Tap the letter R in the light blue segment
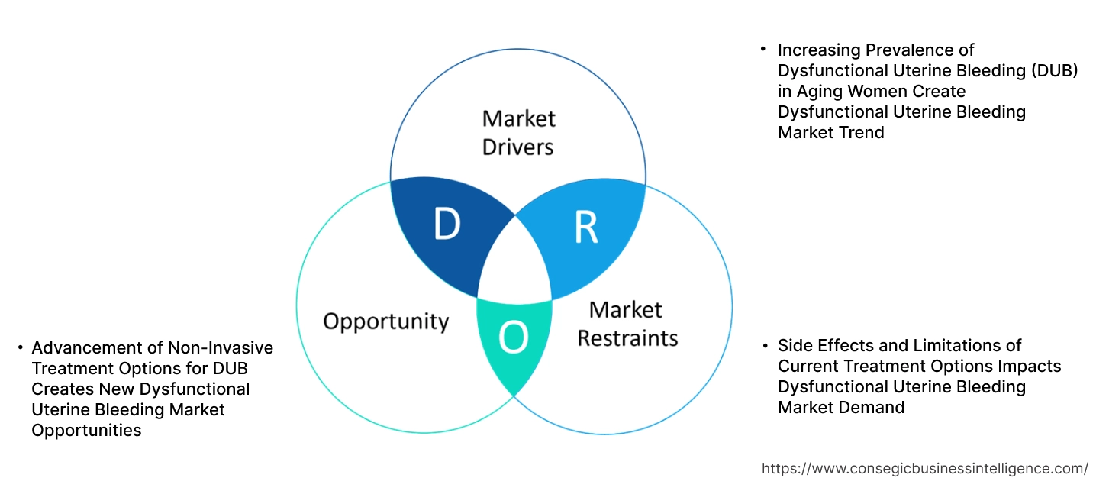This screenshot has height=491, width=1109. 585,228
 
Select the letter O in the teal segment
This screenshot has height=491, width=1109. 514,339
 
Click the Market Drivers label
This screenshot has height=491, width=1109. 519,132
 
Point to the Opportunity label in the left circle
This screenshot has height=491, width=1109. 385,321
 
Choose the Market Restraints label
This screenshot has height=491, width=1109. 627,323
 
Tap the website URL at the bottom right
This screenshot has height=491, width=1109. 925,468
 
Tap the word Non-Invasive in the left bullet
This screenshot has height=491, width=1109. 222,348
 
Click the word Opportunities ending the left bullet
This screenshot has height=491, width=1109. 86,431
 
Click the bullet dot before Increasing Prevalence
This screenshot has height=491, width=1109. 763,49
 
